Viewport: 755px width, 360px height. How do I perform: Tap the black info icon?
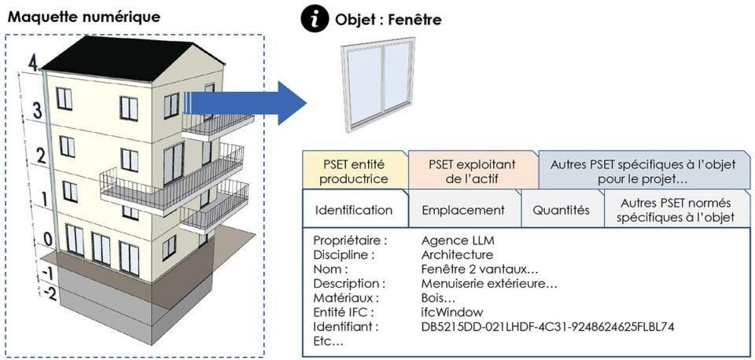(314, 18)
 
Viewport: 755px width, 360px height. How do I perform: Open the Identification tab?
(353, 210)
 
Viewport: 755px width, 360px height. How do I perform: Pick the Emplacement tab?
(463, 210)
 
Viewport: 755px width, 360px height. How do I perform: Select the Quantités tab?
(561, 210)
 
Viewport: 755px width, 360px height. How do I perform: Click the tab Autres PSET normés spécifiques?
(676, 210)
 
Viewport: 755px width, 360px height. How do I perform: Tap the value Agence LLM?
(458, 241)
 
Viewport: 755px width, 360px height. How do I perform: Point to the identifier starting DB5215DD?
(548, 326)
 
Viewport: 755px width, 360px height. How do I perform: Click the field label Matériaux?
(344, 298)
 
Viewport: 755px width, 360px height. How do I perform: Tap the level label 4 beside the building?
(32, 62)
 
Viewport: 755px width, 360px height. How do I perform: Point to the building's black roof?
(118, 55)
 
